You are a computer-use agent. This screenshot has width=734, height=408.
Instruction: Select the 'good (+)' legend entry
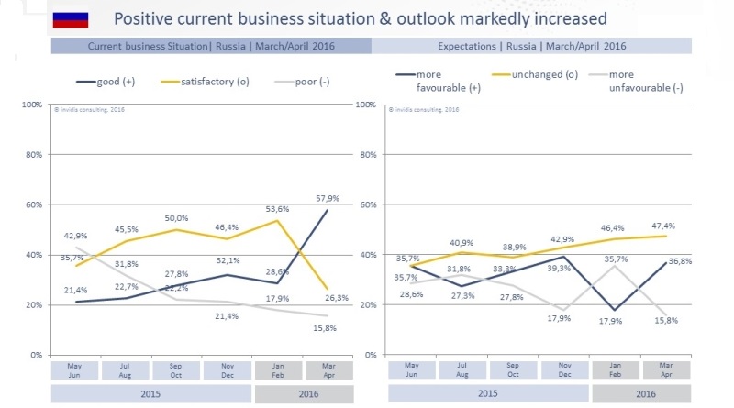(106, 81)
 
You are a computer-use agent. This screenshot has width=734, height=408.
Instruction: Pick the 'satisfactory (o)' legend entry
(208, 81)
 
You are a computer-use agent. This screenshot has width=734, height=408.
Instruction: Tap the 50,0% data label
(176, 218)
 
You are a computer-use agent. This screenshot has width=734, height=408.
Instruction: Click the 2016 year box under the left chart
(304, 393)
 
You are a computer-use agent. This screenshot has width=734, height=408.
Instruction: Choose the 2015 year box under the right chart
(489, 393)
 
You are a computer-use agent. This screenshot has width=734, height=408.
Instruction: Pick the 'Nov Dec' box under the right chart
(565, 369)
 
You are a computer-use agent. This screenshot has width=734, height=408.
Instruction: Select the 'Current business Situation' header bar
(210, 45)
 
